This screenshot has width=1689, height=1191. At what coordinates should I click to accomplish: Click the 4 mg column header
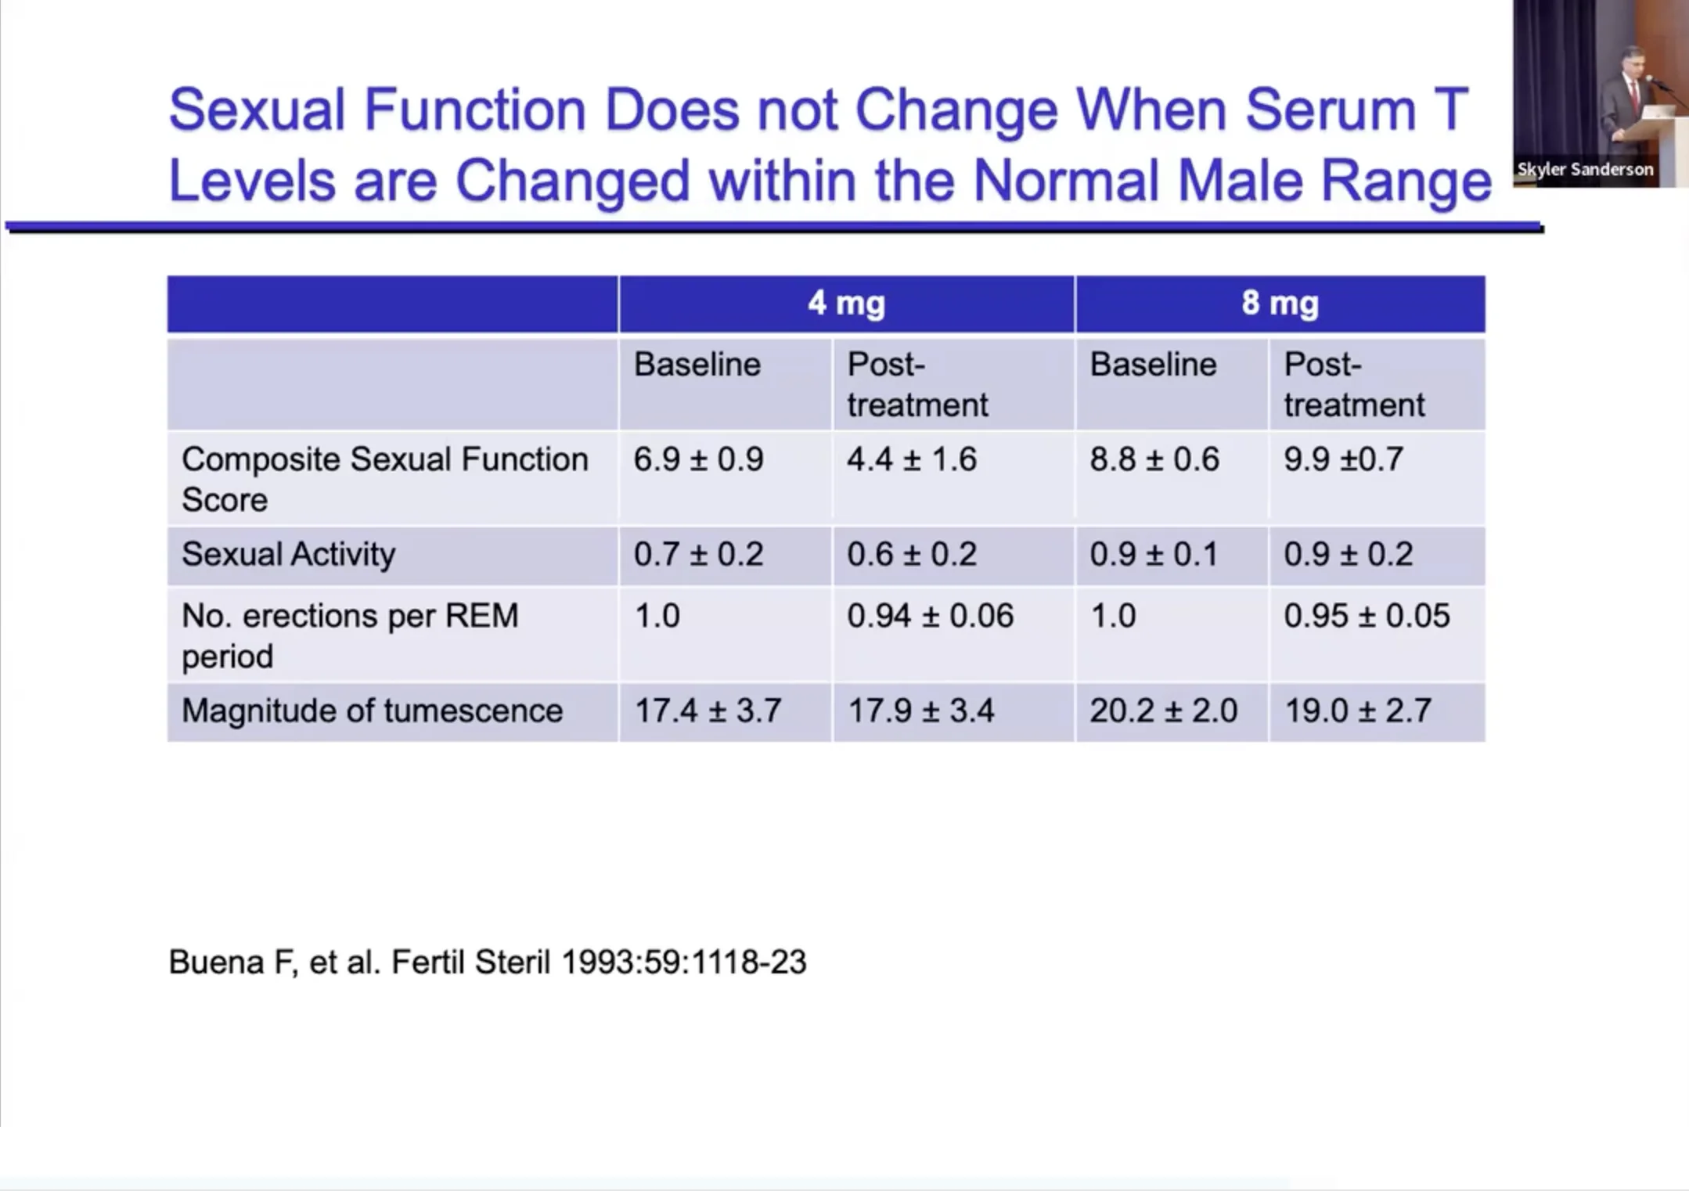point(846,304)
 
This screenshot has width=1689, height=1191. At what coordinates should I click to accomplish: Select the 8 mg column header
point(1280,304)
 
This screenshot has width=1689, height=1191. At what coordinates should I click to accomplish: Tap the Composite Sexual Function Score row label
point(384,479)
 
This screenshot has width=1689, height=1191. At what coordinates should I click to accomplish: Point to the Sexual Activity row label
point(288,554)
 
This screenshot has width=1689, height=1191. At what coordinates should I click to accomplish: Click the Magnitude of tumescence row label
point(372,711)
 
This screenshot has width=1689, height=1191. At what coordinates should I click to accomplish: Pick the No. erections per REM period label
point(350,635)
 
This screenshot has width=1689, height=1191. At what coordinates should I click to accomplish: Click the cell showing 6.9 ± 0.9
point(698,459)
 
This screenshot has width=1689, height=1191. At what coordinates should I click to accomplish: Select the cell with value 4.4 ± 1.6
point(912,459)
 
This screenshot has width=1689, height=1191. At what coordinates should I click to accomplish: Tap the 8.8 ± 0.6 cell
point(1154,459)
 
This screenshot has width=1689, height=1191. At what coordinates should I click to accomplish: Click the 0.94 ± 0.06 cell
point(930,616)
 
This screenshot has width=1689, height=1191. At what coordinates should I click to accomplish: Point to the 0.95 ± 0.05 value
point(1367,616)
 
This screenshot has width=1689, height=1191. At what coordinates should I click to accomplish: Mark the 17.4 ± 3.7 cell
point(708,711)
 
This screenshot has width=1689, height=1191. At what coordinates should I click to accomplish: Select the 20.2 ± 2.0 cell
point(1163,711)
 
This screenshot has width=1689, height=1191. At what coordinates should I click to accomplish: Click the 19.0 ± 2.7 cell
point(1358,711)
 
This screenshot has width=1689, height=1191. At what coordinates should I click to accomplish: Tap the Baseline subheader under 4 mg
point(697,365)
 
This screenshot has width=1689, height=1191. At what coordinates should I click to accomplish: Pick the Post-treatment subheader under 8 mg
point(1354,384)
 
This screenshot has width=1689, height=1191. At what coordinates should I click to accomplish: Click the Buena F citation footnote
point(487,962)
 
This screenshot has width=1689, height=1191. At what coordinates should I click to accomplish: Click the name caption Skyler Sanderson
point(1585,169)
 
